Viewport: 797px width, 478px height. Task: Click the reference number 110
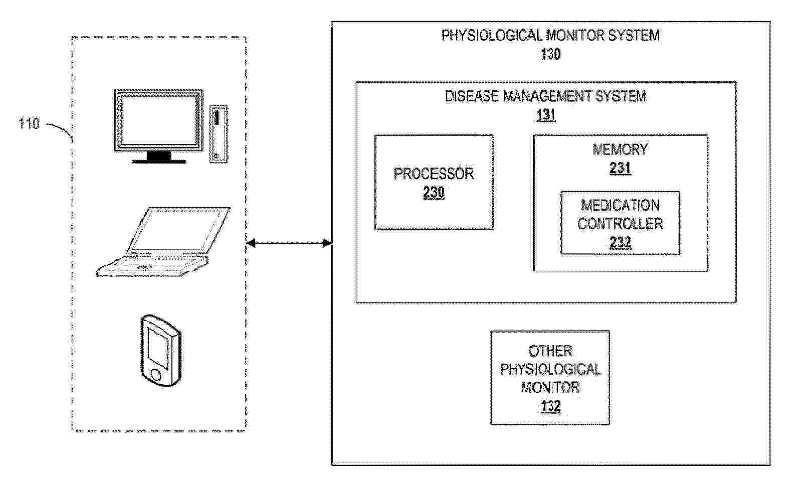tap(29, 123)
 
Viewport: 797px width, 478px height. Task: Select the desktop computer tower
tap(219, 134)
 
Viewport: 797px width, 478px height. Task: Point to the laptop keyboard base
tap(152, 265)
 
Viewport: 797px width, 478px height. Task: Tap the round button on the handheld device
tap(156, 375)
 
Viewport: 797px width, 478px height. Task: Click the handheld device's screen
tap(157, 349)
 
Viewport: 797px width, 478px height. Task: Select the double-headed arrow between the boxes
tap(289, 243)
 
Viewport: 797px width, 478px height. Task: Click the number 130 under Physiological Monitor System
tap(550, 54)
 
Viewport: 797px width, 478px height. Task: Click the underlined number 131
tap(545, 115)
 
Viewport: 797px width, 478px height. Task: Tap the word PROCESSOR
tap(434, 174)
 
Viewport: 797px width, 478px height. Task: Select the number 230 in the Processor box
tap(434, 193)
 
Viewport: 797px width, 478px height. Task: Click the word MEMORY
tap(620, 149)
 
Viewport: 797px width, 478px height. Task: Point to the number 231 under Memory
tap(620, 168)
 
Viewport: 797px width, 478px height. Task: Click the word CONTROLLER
tap(620, 224)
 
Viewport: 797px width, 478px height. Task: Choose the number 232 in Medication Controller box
tap(621, 242)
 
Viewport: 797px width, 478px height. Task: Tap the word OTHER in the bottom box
tap(550, 351)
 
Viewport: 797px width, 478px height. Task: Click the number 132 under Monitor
tap(550, 406)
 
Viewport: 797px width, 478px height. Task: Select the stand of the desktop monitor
tap(159, 157)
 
